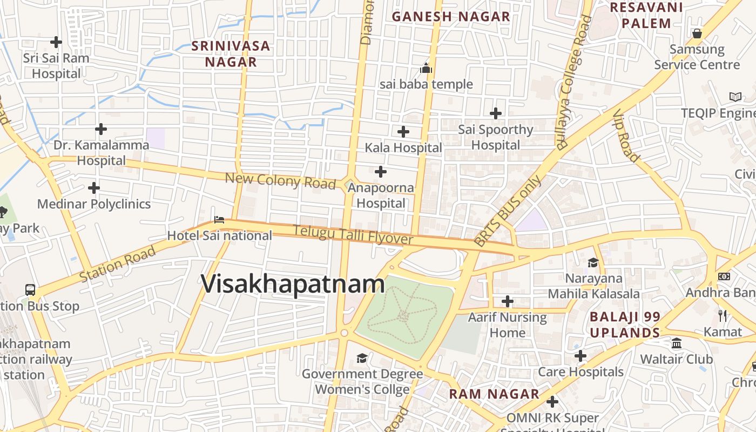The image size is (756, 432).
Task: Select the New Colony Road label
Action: pos(280,180)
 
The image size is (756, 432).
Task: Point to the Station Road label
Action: pos(118,264)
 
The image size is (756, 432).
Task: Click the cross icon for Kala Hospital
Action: pos(403,131)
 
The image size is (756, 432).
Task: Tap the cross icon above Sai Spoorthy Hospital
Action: pos(495,113)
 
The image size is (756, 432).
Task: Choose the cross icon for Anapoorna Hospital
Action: pos(381,172)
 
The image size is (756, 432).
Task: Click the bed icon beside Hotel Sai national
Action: pos(219,219)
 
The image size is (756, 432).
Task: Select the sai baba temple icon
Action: pos(426,69)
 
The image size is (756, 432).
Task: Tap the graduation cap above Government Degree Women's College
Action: pos(362,358)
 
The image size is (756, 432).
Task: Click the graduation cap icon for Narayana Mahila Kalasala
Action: pos(593,263)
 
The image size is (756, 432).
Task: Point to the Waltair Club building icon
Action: pos(676,343)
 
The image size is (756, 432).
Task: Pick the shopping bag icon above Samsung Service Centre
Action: pos(697,33)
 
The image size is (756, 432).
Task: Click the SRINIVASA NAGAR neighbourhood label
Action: pos(231,53)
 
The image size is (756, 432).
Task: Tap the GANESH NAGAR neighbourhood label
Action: pos(451,17)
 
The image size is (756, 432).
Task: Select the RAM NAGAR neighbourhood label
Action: pos(494,394)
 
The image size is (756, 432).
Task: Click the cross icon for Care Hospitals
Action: pos(580,356)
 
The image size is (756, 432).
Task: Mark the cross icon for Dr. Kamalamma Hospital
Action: pos(101,129)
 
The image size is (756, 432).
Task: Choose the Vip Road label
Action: pos(626,135)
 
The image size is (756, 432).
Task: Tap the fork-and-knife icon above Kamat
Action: pos(723,315)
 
